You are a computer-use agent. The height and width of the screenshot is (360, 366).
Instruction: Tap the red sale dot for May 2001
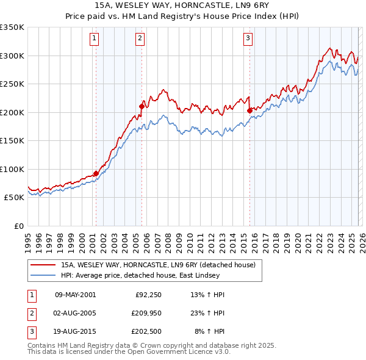[x=96, y=173]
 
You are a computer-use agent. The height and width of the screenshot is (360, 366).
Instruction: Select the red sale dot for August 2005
[x=142, y=106]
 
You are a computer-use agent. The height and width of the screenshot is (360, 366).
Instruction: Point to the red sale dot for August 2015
[x=249, y=110]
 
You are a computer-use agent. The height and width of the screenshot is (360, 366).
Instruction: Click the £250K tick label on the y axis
[x=12, y=84]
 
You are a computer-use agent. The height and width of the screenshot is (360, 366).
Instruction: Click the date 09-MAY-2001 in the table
[x=75, y=295]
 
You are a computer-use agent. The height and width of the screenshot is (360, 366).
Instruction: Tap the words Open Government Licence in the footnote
[x=178, y=352]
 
